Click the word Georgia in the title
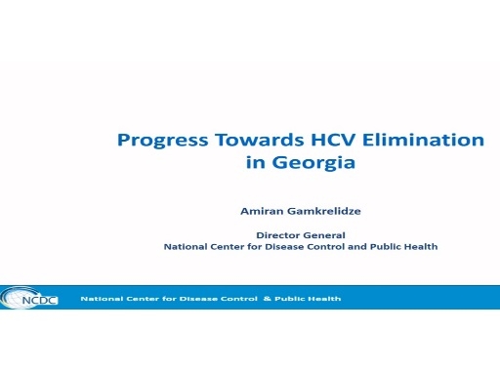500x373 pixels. tap(314, 163)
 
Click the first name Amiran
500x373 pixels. tap(263, 210)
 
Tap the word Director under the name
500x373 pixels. tap(277, 234)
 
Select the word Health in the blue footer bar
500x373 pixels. tap(323, 298)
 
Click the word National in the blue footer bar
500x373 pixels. tap(99, 298)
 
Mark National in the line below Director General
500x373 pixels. tap(186, 247)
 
